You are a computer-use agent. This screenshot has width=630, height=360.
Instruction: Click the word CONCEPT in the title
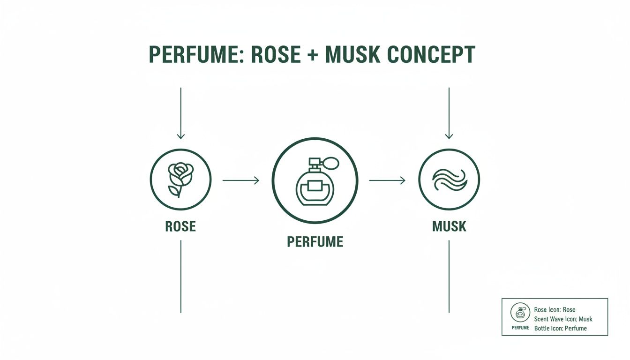point(432,55)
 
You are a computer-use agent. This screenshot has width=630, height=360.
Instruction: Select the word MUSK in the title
point(352,55)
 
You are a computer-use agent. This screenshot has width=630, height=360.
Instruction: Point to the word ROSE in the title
point(276,55)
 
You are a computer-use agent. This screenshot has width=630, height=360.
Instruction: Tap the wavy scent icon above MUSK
point(449,180)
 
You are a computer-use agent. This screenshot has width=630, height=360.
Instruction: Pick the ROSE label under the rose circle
point(180,227)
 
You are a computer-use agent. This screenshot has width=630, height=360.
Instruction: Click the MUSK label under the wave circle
point(449,227)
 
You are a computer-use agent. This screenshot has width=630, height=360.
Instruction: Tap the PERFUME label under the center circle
point(315,242)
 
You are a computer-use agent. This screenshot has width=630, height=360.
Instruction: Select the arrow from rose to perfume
point(240,180)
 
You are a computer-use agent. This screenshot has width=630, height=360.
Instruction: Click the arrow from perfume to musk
point(387,180)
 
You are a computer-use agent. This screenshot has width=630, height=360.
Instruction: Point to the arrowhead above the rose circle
point(180,136)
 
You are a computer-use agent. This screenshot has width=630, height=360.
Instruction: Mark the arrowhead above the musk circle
point(449,136)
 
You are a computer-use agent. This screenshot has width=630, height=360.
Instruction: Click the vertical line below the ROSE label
point(180,277)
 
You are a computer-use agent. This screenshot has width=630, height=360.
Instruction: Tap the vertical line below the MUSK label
point(449,277)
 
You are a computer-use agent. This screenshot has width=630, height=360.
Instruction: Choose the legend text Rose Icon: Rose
point(555,310)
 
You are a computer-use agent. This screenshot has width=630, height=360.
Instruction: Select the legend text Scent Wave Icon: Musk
point(563,319)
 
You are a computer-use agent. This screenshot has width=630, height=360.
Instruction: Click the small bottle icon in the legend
point(520,312)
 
